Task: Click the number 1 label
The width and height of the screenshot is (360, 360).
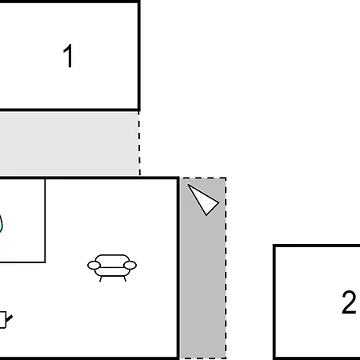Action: (68, 56)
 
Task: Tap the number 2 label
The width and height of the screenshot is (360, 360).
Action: (349, 302)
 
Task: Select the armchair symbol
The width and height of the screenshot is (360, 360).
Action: (112, 268)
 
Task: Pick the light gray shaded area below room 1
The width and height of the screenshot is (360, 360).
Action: (69, 143)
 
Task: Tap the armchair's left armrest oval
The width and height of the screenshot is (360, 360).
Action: (94, 266)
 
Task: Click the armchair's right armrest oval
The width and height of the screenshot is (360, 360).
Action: (130, 266)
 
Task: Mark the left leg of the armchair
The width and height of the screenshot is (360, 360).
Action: (101, 278)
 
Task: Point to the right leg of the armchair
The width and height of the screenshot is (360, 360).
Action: (125, 278)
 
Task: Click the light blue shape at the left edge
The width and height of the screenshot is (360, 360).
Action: (1, 223)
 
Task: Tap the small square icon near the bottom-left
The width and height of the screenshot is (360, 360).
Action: (2, 320)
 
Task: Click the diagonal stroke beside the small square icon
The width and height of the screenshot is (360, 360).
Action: (10, 318)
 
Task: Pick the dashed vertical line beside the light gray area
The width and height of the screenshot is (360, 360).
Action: (139, 143)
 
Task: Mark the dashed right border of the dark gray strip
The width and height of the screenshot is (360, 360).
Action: (226, 268)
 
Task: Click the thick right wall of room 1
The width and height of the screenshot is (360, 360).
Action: (139, 55)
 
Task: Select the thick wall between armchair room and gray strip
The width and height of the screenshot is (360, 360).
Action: (178, 268)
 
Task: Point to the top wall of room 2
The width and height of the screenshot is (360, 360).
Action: (317, 246)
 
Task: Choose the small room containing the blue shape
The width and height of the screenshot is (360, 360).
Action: (22, 220)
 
